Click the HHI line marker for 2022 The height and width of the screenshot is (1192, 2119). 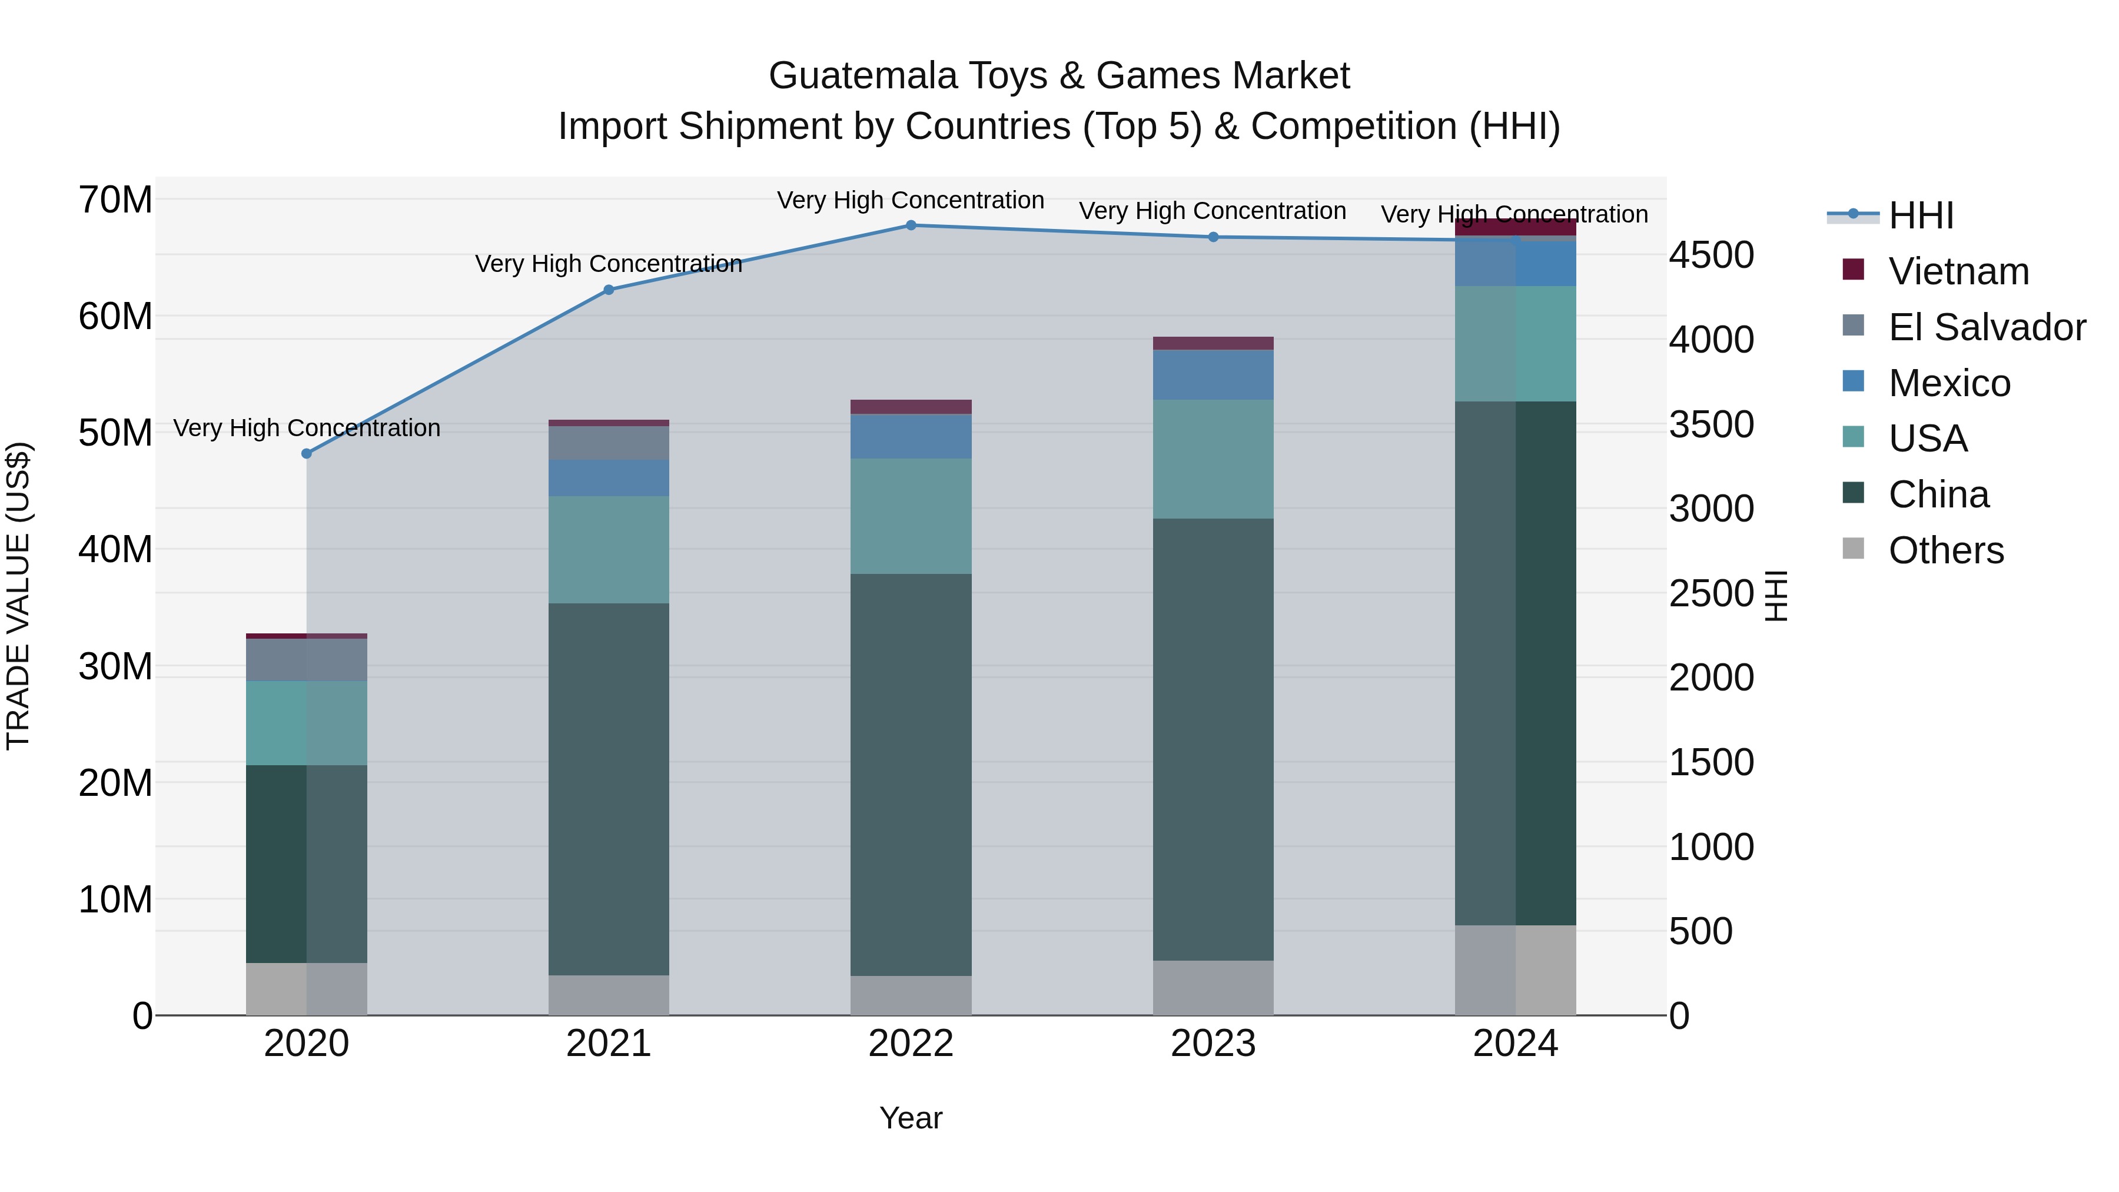pyautogui.click(x=911, y=225)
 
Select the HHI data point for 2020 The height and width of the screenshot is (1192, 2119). pyautogui.click(x=307, y=453)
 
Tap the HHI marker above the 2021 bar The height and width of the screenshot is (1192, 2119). pyautogui.click(x=609, y=290)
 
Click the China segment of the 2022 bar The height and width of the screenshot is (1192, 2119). pyautogui.click(x=911, y=773)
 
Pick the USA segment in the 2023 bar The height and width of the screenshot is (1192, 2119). pyautogui.click(x=1213, y=459)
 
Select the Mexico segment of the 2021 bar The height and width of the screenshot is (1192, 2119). pyautogui.click(x=609, y=478)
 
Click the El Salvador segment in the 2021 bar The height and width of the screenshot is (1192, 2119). pyautogui.click(x=609, y=443)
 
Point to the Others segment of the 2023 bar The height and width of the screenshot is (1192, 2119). pyautogui.click(x=1213, y=987)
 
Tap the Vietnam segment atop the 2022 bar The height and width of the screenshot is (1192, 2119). pyautogui.click(x=911, y=406)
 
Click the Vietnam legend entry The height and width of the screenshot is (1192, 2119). pyautogui.click(x=1958, y=271)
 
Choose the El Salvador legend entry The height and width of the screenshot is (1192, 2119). pyautogui.click(x=1986, y=327)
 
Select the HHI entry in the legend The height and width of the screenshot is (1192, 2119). pyautogui.click(x=1920, y=215)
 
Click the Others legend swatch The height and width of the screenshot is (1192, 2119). pyautogui.click(x=1854, y=548)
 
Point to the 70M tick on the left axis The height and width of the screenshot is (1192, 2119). pyautogui.click(x=115, y=200)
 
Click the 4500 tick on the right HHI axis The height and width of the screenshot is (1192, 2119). pyautogui.click(x=1711, y=255)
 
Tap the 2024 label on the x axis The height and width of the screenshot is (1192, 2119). pyautogui.click(x=1515, y=1044)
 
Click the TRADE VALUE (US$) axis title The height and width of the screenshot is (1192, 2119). pyautogui.click(x=18, y=596)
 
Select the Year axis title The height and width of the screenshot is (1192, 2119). pyautogui.click(x=911, y=1118)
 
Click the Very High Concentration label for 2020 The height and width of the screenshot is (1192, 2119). pyautogui.click(x=307, y=428)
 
